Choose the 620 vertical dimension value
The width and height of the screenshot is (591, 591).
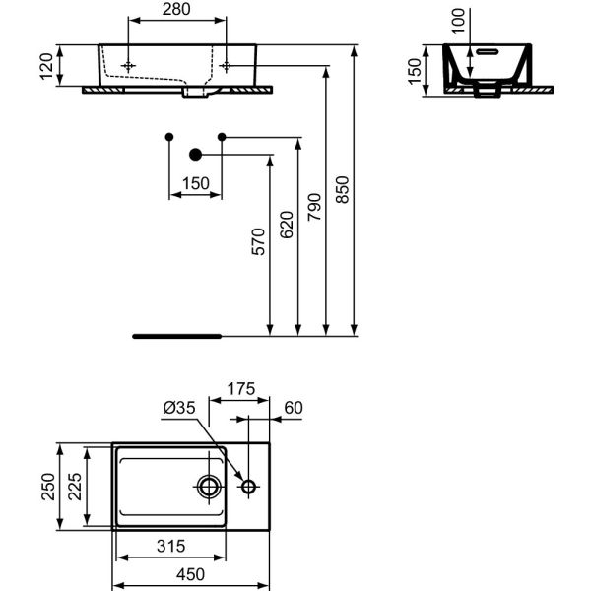click(287, 226)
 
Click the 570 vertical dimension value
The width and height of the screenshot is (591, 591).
click(259, 242)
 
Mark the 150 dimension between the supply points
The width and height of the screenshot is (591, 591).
click(196, 183)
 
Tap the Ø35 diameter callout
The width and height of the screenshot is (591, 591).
click(179, 407)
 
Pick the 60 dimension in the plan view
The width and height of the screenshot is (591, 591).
click(293, 407)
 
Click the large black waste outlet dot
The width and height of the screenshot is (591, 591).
click(194, 153)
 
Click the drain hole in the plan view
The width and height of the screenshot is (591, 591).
click(210, 486)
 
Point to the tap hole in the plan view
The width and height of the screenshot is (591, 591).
click(248, 486)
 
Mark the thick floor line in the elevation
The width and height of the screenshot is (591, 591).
click(177, 335)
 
